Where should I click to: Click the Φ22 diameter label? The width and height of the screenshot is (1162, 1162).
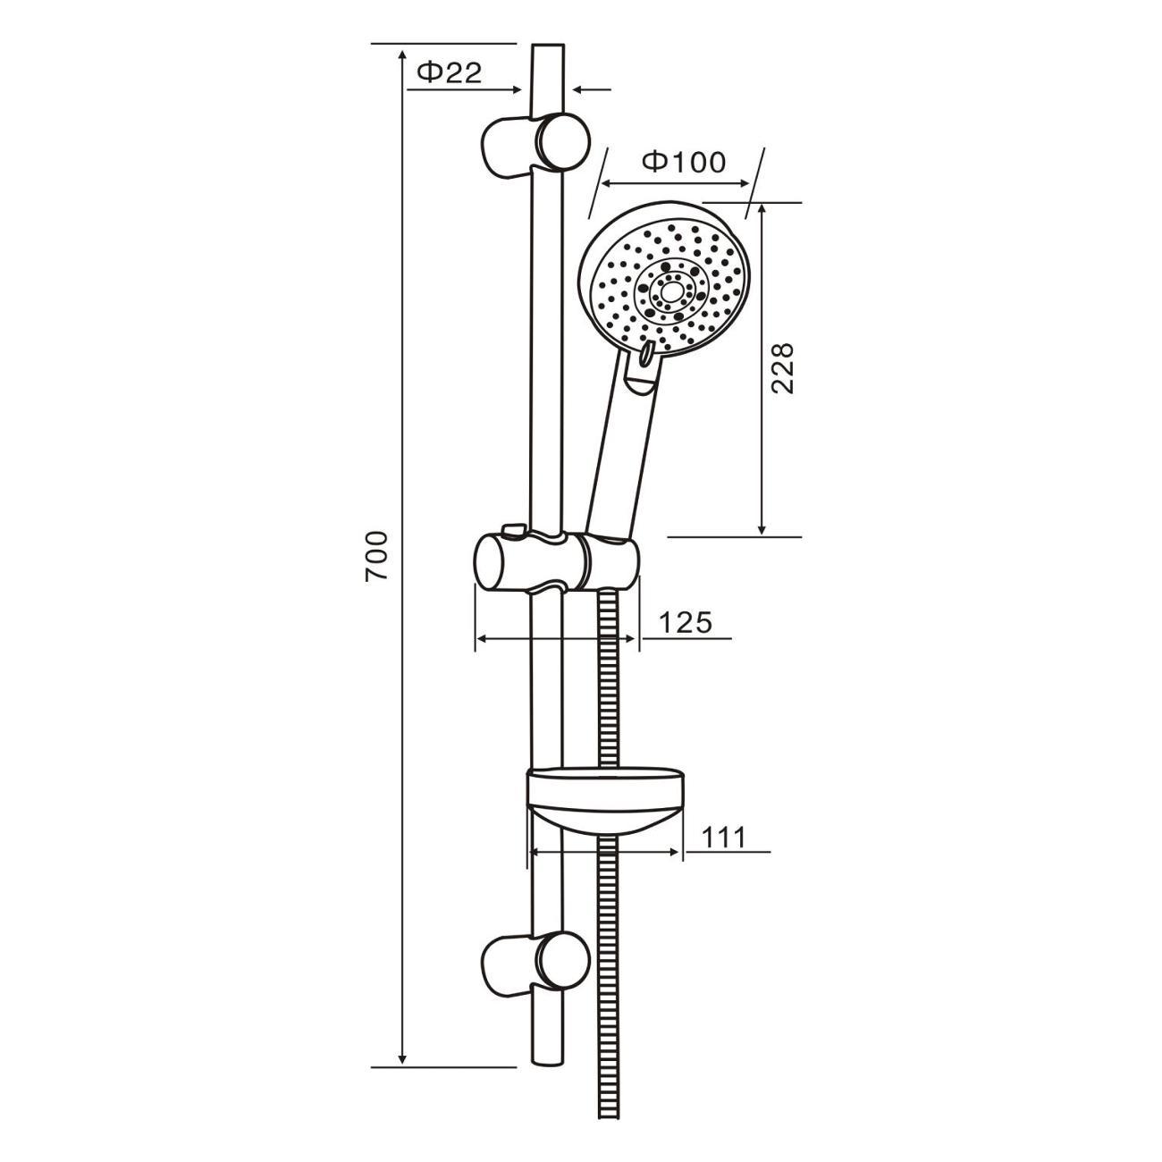450,73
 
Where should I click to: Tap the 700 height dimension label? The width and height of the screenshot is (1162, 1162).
376,556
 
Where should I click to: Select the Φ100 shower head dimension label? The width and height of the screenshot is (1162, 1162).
684,162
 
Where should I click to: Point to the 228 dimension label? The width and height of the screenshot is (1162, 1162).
782,368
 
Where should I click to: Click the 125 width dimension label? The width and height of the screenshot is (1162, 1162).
685,622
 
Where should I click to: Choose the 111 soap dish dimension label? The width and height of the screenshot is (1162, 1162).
723,838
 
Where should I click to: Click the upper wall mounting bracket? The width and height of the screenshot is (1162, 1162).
535,145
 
